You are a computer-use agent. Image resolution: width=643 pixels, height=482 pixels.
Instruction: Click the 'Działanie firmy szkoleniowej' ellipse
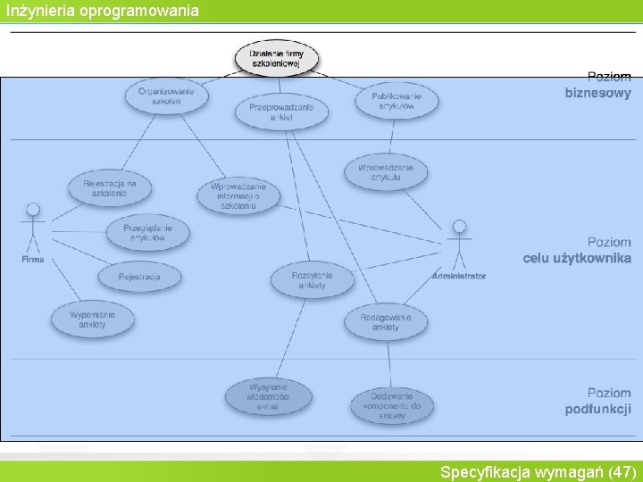point(277,59)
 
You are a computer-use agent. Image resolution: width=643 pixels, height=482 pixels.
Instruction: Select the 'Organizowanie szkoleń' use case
point(166,96)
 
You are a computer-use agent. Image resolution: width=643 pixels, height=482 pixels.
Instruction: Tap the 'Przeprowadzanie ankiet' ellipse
point(281,112)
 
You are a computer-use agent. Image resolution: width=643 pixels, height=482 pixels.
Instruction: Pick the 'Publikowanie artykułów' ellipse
point(397,100)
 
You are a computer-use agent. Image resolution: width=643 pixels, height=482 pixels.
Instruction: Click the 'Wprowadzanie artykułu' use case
point(386,172)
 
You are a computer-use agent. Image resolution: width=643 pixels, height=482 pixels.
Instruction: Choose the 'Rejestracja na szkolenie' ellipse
point(110,188)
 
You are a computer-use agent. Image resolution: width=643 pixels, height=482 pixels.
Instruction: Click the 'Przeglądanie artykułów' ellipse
point(147,232)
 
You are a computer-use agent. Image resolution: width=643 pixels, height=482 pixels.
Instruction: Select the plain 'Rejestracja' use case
point(139,277)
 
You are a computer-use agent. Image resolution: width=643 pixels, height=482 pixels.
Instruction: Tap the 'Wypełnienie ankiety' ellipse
point(92,320)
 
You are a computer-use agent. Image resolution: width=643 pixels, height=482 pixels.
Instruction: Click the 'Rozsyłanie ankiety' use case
point(312,280)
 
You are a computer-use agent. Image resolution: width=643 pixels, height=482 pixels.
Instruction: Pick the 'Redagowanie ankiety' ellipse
point(386,322)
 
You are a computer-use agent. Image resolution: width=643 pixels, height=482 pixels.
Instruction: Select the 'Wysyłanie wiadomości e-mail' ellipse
point(268,396)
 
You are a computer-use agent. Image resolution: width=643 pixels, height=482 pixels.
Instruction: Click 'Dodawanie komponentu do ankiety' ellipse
point(391,405)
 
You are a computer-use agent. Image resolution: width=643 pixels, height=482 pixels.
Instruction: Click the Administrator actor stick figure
point(459,245)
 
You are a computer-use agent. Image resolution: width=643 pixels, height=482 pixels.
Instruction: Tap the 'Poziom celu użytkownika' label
point(577,251)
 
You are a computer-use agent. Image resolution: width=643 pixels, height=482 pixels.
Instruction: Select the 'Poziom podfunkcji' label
point(597,402)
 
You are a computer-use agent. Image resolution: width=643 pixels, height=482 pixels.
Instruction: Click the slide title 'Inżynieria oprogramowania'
point(103,11)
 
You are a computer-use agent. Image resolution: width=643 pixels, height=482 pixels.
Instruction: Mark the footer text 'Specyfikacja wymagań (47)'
point(538,471)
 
